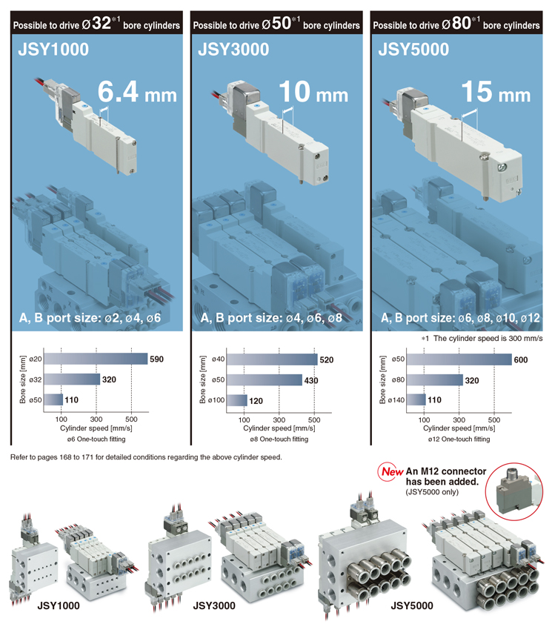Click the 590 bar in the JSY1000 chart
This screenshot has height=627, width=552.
(96, 359)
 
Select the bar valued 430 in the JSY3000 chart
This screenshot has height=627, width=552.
(265, 380)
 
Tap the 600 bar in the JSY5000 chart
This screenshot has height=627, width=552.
(459, 359)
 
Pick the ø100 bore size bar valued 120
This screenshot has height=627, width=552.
(236, 400)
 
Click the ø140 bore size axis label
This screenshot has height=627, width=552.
(396, 400)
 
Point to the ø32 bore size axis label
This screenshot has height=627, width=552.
(35, 379)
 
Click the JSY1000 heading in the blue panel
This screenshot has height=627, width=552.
(53, 50)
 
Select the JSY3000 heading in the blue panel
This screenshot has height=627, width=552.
(233, 50)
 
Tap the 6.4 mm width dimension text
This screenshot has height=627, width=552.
(137, 92)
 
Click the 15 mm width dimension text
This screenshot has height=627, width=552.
(496, 92)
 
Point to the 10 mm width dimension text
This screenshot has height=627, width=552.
(313, 92)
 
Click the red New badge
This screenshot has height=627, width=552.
(390, 472)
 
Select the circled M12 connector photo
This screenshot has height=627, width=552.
(514, 491)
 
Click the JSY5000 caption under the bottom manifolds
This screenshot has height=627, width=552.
(412, 606)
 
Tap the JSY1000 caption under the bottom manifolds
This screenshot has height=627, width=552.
(59, 606)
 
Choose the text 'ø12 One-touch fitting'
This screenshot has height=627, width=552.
(459, 439)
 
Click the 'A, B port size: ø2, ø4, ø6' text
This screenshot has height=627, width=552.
(90, 318)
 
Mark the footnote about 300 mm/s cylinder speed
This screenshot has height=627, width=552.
(482, 338)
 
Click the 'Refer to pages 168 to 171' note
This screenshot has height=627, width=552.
(146, 457)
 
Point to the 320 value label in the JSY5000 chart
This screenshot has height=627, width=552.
(472, 380)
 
